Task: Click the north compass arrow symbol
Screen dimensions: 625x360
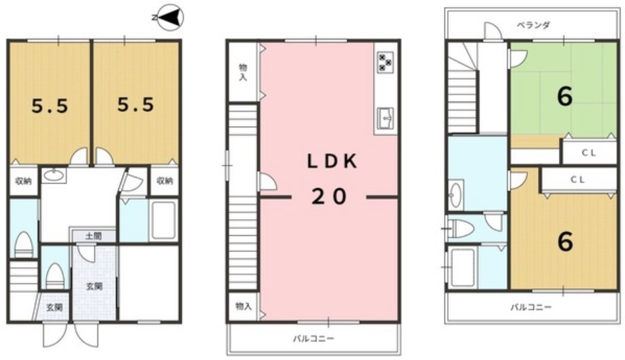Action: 171,17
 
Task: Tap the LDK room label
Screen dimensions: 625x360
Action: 332,162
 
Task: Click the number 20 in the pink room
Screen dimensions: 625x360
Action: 330,197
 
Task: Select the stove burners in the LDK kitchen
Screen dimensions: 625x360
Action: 385,62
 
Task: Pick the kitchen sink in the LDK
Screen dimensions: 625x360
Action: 385,118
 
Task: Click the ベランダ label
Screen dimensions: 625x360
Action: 533,25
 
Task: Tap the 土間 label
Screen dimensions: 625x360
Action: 93,236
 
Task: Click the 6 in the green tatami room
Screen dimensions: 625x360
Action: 565,96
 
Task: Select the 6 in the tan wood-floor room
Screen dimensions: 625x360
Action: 565,242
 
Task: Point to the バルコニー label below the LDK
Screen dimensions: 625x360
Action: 314,339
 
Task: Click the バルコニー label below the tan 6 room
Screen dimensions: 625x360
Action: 532,307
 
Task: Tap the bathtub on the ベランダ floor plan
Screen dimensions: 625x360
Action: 463,267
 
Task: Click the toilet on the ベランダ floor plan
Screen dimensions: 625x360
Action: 461,228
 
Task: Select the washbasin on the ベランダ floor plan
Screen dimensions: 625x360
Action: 456,194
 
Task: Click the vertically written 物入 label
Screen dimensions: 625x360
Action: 242,72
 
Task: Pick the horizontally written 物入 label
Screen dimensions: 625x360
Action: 244,306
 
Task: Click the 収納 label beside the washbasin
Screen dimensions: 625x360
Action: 24,181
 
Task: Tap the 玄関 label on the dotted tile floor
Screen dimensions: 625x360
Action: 95,286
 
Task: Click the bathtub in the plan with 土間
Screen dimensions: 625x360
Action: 164,220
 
